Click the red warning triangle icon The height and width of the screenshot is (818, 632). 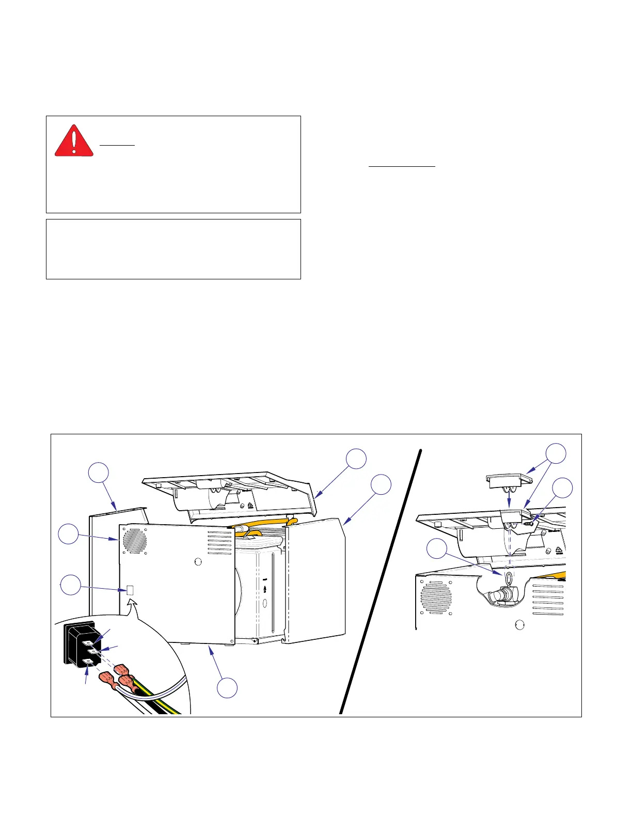coord(74,141)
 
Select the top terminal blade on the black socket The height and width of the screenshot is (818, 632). coord(88,642)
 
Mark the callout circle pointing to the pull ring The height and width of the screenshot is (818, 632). coord(437,548)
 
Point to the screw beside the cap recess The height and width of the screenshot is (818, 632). coord(530,523)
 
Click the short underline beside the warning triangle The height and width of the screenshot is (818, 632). coord(117,145)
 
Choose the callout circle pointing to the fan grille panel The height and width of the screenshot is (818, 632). coord(69,534)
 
